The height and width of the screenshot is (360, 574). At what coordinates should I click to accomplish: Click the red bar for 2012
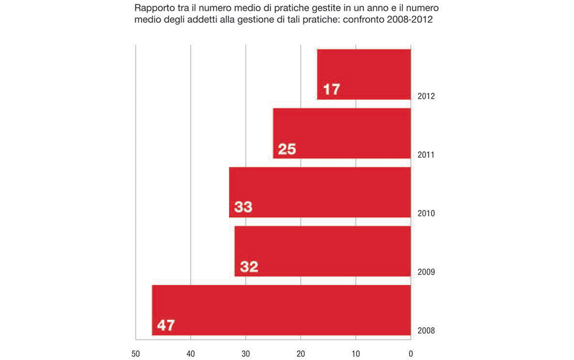point(364,74)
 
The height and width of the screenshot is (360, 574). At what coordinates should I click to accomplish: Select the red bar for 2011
point(341,133)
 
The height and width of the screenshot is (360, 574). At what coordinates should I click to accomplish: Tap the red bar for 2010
point(320,192)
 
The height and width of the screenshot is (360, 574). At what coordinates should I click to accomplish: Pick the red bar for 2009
point(322,251)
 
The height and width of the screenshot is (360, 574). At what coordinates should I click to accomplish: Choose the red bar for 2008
point(281,310)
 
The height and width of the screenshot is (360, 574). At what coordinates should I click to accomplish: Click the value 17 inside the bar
point(331,90)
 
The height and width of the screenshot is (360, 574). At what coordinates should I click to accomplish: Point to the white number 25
point(287,149)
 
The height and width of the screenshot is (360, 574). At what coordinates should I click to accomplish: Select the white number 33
point(243,208)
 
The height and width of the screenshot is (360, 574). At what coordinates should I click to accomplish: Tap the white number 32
point(249,267)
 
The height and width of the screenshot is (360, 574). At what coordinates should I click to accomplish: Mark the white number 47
point(166,326)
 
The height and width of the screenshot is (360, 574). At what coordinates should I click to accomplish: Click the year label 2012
point(426,96)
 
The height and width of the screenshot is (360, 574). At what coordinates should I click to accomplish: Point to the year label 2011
point(426,155)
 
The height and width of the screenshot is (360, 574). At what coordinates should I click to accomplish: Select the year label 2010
point(426,213)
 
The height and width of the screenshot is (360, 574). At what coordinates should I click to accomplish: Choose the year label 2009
point(426,272)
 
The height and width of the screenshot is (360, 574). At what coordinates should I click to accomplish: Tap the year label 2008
point(426,331)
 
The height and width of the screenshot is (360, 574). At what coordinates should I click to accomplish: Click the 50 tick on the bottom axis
point(136,353)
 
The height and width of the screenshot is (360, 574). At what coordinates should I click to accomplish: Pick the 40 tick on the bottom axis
point(191,353)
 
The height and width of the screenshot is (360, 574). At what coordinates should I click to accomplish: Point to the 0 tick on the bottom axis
point(411,353)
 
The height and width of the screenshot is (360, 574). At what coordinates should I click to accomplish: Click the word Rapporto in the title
point(153,9)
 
